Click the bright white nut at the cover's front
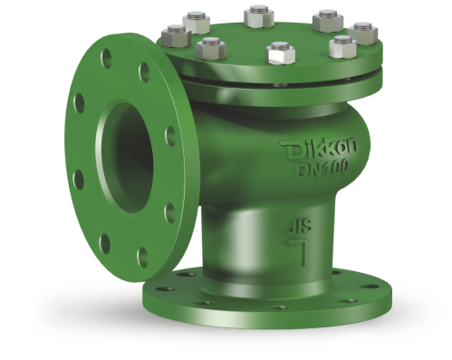coord(280,54)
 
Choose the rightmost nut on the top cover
coord(363,33)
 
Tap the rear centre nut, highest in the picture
coord(259,16)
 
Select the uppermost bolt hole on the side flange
coord(106,58)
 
